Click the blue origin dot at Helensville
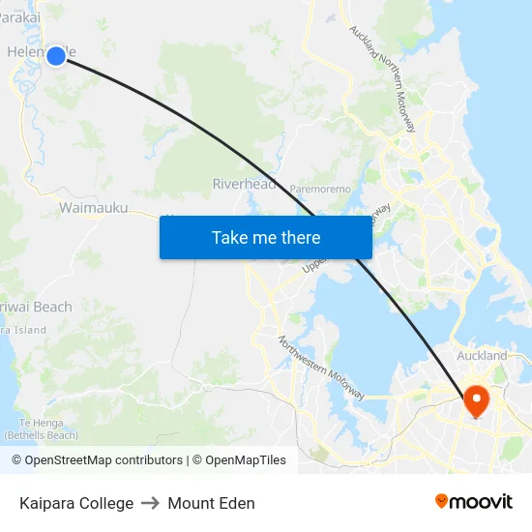click(x=56, y=56)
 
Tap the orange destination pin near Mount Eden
click(x=477, y=399)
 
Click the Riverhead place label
click(x=245, y=184)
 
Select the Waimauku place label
click(x=94, y=207)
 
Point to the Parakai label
click(x=20, y=17)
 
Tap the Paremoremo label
click(x=321, y=190)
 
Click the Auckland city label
click(x=483, y=355)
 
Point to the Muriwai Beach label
click(x=37, y=307)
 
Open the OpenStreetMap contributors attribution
click(x=97, y=460)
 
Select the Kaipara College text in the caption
click(x=76, y=503)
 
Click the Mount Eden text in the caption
click(x=211, y=503)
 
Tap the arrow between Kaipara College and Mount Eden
click(x=150, y=503)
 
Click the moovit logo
click(x=474, y=502)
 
